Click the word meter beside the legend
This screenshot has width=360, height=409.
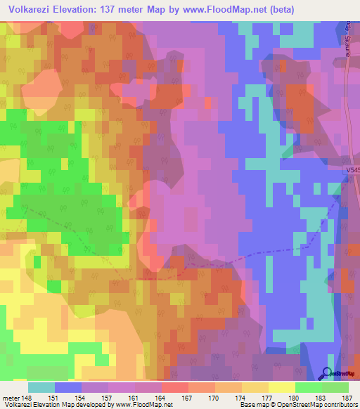click(x=11, y=398)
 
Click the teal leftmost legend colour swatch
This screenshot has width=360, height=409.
click(x=41, y=387)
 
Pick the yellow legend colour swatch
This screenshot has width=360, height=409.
click(x=282, y=387)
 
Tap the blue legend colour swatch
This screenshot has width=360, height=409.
click(x=68, y=387)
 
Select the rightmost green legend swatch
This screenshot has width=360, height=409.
click(x=335, y=387)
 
